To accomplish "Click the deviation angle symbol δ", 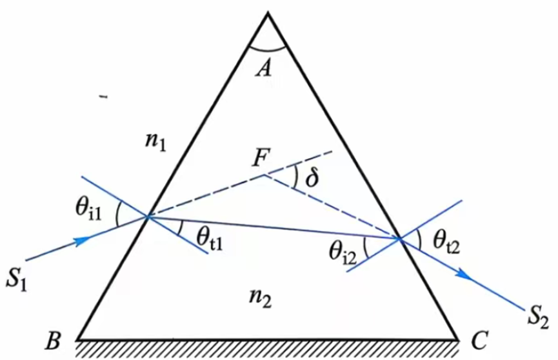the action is click(312, 177).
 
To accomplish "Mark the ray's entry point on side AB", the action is click(148, 217).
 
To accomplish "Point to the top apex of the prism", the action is click(268, 13).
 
